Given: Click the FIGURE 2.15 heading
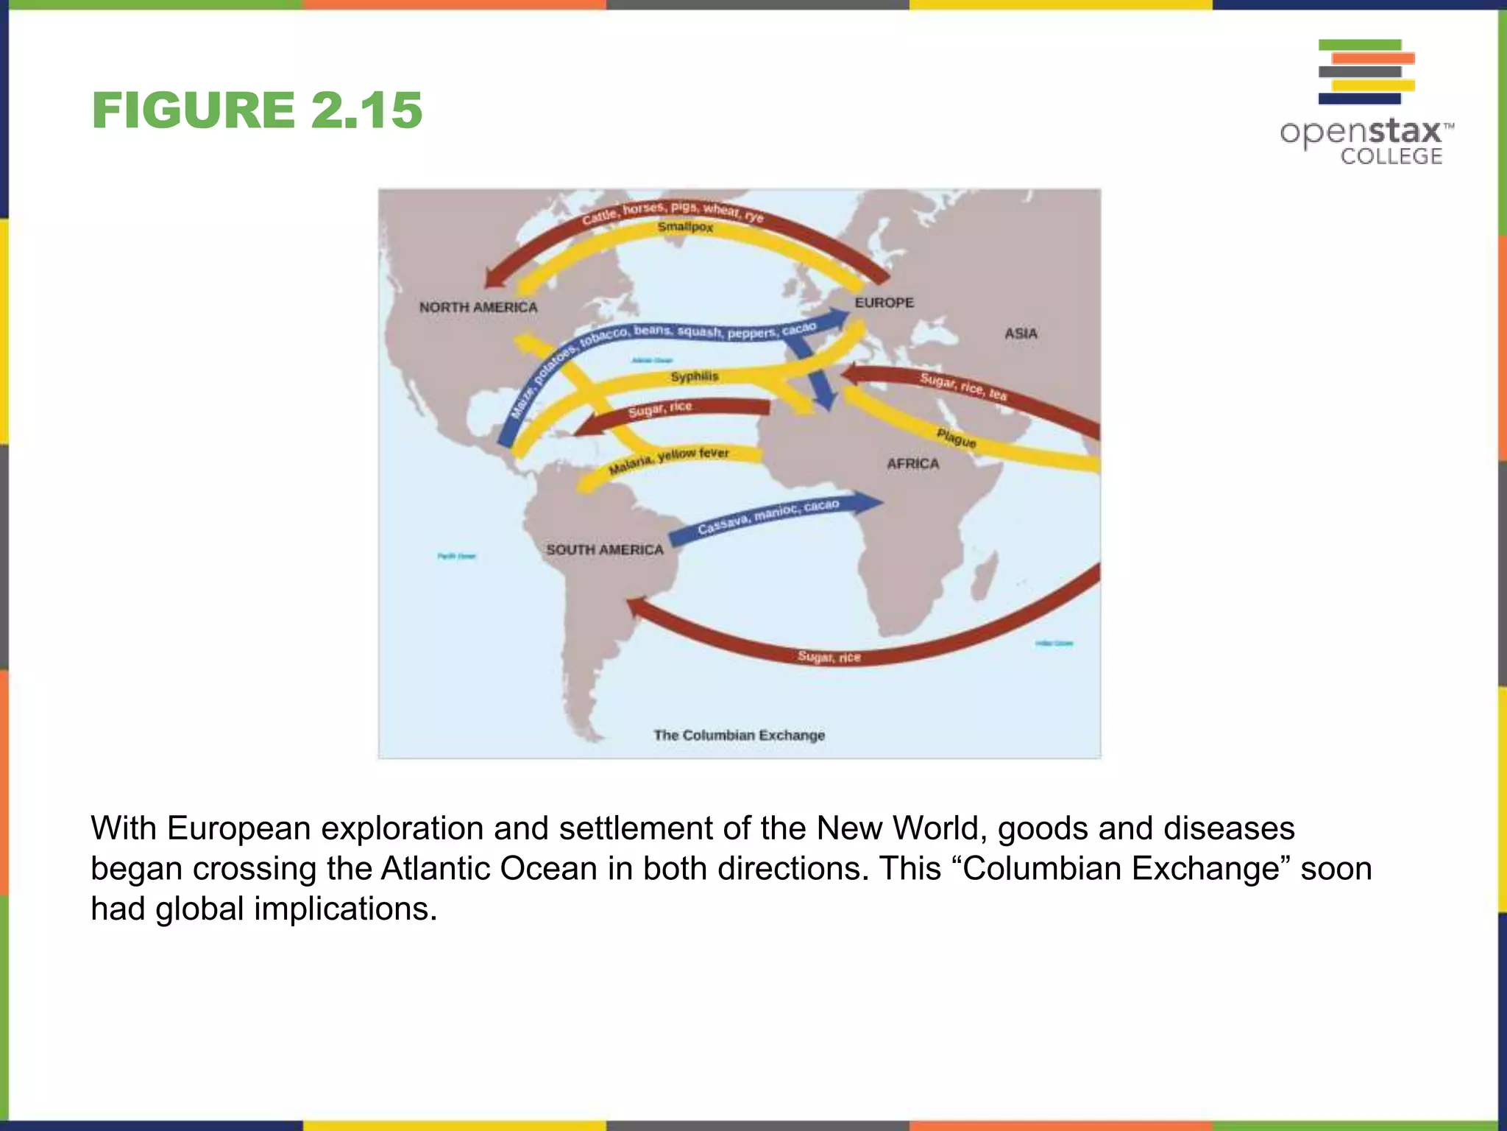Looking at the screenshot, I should [x=257, y=110].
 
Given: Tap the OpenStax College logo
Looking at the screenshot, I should [x=1366, y=102].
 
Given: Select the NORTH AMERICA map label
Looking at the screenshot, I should [x=478, y=307].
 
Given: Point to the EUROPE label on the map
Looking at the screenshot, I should [x=884, y=303].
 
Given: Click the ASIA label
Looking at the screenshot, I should [x=1021, y=334].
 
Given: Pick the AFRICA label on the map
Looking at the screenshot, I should [x=912, y=464].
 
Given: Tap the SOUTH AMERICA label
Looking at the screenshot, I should [x=604, y=550].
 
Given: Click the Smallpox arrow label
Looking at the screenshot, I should [x=685, y=227].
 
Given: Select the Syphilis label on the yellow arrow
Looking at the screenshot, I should [x=694, y=377].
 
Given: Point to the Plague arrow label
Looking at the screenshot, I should [x=956, y=438].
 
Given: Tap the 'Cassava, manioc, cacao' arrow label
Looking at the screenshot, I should [x=767, y=517].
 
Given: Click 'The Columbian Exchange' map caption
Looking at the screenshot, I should [x=739, y=735].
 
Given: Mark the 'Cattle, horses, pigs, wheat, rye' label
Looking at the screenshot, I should [x=673, y=211].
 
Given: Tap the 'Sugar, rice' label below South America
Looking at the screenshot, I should [x=829, y=657].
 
